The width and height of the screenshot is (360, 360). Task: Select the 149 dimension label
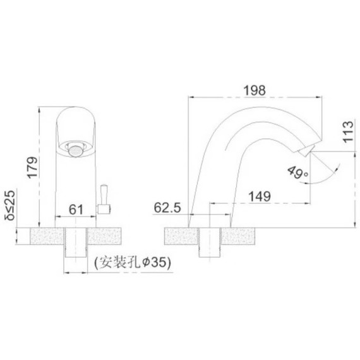(260, 196)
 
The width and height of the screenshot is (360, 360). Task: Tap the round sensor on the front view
(75, 150)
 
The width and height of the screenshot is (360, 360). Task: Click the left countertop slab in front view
(48, 236)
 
